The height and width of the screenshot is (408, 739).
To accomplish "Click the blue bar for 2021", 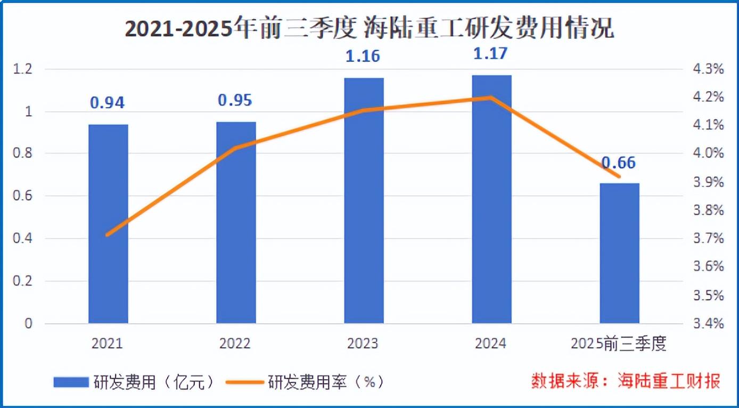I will [x=108, y=224].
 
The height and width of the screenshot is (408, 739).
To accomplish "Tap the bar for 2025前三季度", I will [x=619, y=253].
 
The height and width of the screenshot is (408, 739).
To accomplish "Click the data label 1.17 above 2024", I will [x=491, y=54].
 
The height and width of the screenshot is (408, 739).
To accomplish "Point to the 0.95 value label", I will [x=236, y=100].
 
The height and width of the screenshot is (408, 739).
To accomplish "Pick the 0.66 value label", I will [x=619, y=162].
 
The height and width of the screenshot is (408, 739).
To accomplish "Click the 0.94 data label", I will [x=107, y=102].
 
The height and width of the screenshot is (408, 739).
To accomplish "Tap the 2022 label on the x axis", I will [x=235, y=344].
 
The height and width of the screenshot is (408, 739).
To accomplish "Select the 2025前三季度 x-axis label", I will [x=619, y=344].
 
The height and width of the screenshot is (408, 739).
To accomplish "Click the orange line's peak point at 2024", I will [x=491, y=97].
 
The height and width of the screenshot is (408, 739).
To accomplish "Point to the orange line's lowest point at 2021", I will [x=108, y=234].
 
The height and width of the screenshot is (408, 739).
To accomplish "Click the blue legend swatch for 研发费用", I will [x=71, y=381].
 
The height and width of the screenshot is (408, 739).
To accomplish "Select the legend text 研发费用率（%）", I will [x=325, y=382].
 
